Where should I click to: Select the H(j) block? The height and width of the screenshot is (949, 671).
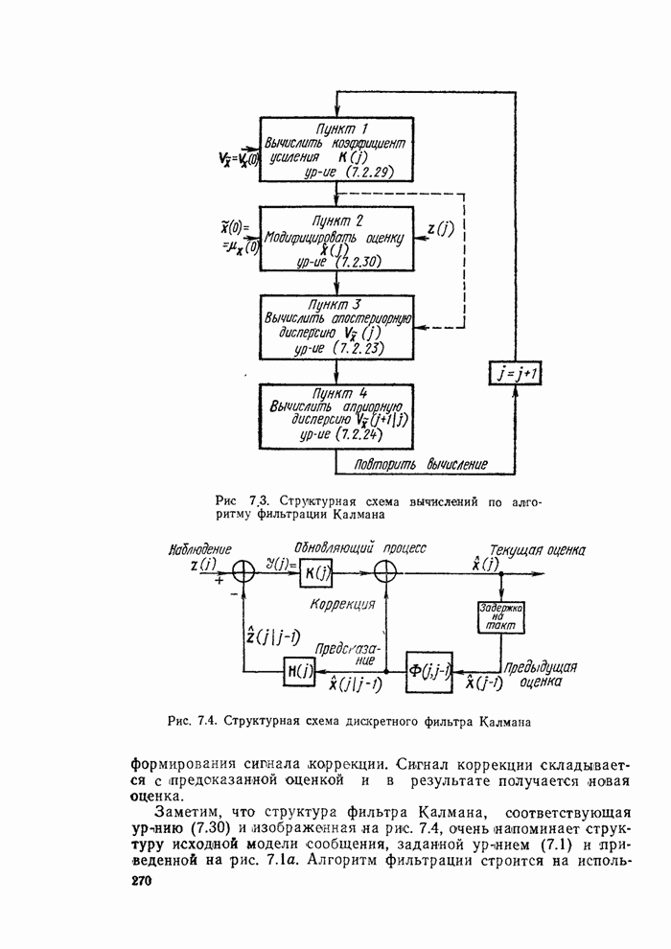click(x=297, y=670)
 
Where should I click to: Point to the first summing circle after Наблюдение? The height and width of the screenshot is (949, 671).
click(x=244, y=571)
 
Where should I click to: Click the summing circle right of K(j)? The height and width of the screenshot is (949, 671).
click(x=385, y=571)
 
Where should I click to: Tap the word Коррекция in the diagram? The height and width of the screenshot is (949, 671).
click(x=342, y=605)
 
